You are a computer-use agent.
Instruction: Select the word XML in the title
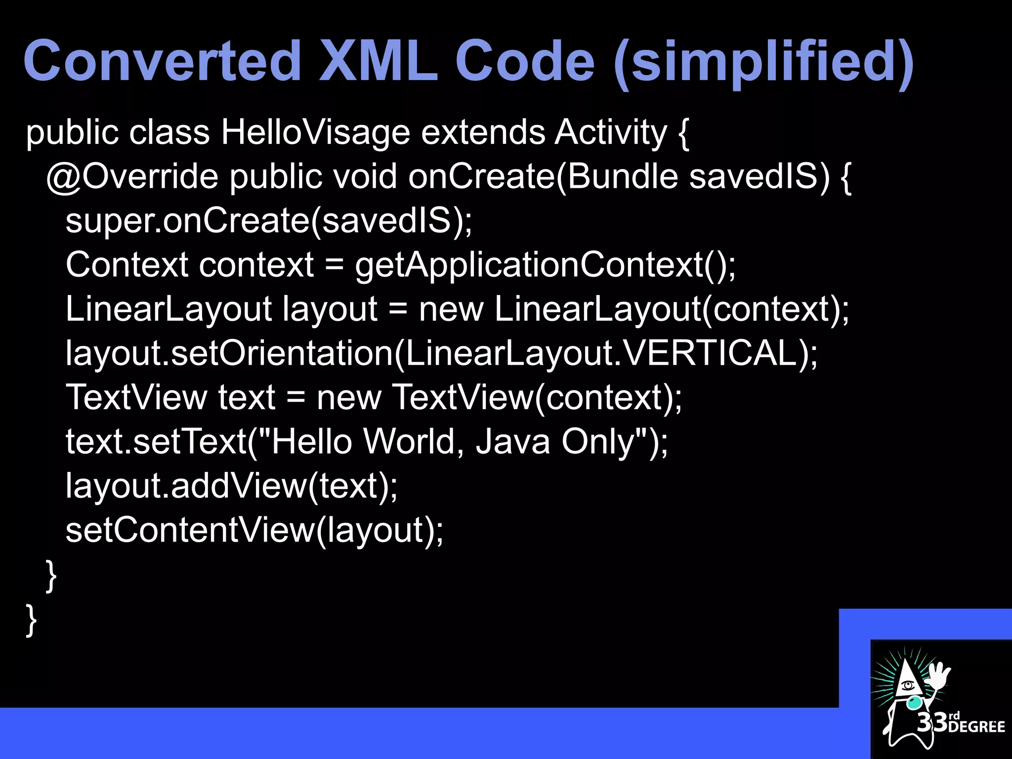(x=379, y=61)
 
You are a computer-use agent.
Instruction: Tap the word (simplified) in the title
(x=763, y=63)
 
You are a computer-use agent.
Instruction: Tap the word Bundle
(x=623, y=177)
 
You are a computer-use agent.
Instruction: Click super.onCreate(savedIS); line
(x=269, y=221)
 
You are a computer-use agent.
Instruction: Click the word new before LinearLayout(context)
(x=451, y=309)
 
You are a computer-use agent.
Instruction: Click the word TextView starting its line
(x=136, y=397)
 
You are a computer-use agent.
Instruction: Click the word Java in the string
(x=512, y=441)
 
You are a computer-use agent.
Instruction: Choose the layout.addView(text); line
(x=231, y=486)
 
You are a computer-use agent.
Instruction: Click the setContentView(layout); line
(x=254, y=530)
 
